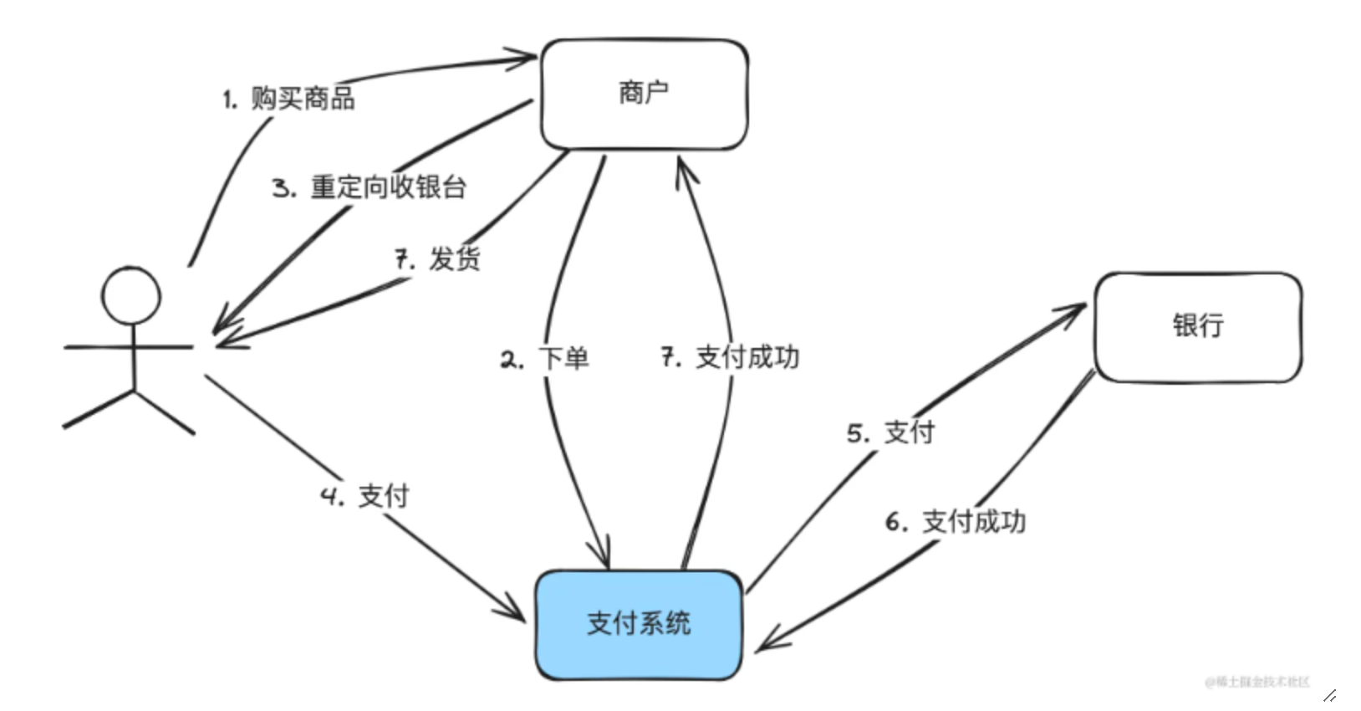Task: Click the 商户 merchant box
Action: coord(644,94)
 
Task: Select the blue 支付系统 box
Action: coord(639,624)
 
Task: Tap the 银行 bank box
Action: coord(1197,326)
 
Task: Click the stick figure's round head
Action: coord(131,295)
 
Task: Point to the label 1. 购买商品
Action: coord(288,99)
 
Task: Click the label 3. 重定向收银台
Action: coord(369,187)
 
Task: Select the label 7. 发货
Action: coord(438,258)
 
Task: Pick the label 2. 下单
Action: coord(545,359)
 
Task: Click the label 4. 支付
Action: coord(365,496)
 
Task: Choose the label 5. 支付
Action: coord(890,432)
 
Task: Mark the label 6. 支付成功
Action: coord(956,522)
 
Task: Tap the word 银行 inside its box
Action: coord(1197,325)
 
